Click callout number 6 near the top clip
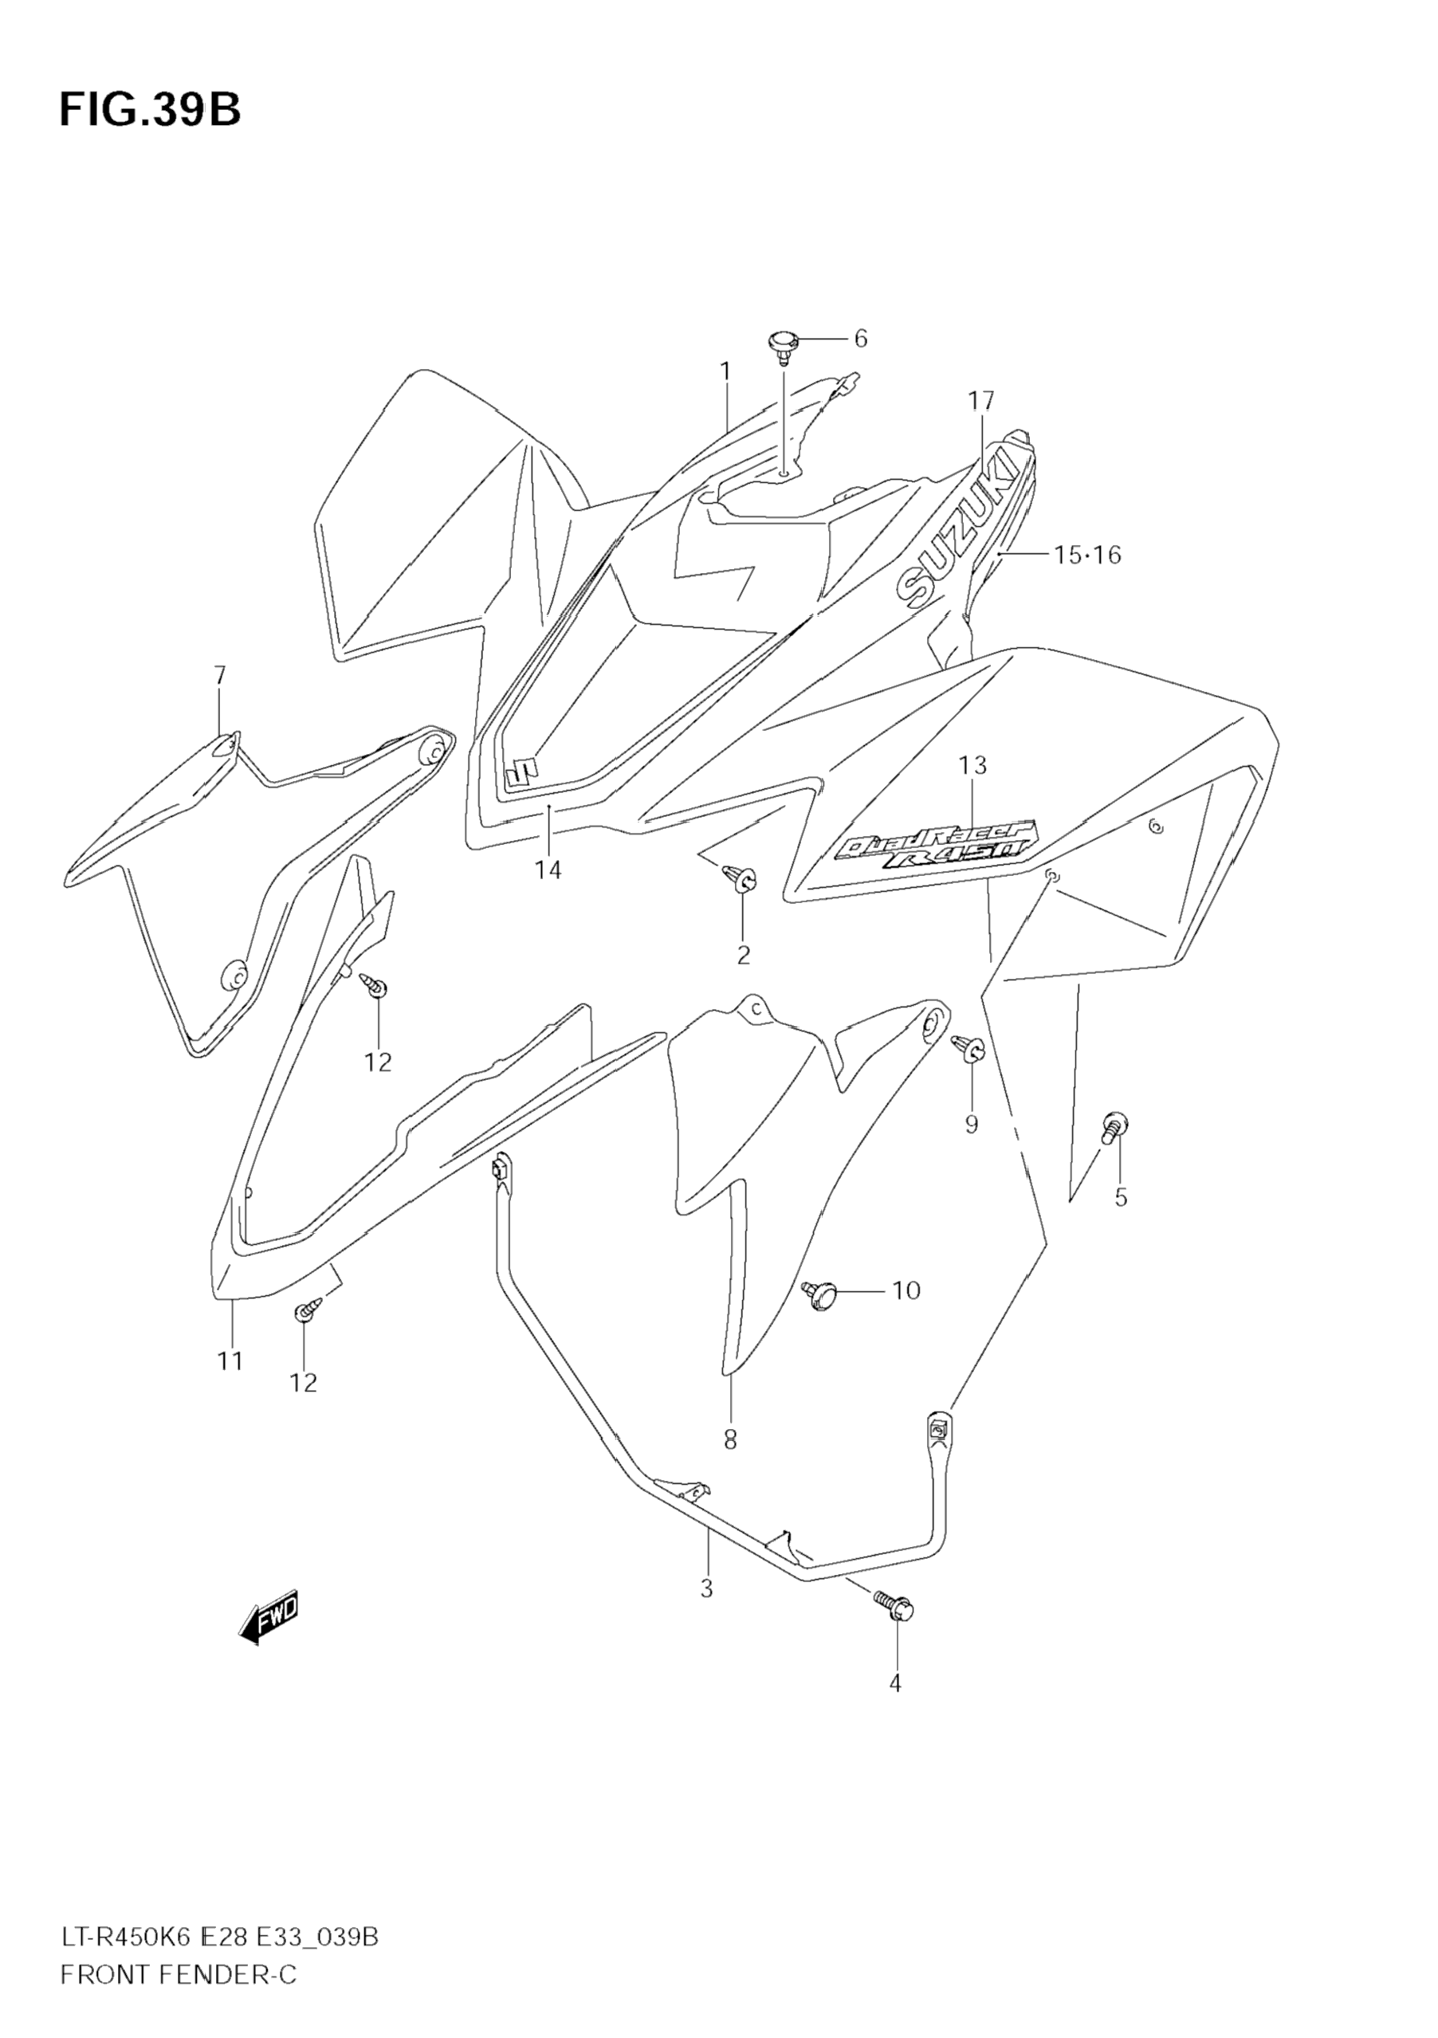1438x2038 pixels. pyautogui.click(x=859, y=338)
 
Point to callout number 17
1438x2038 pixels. pyautogui.click(x=982, y=401)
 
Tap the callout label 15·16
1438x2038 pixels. pyautogui.click(x=1087, y=555)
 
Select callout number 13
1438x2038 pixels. pyautogui.click(x=972, y=764)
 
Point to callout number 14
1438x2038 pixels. pyautogui.click(x=548, y=871)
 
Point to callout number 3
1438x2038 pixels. pyautogui.click(x=706, y=1588)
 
